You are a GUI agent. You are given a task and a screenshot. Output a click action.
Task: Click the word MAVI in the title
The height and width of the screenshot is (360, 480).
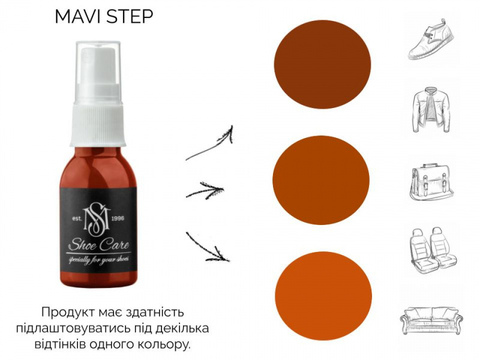[78, 16]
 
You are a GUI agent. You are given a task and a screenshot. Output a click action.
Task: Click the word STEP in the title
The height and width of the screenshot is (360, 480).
[130, 16]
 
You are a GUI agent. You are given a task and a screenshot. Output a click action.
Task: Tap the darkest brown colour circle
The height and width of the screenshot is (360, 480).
[322, 64]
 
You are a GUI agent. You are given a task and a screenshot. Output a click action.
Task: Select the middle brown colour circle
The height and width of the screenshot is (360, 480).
[321, 180]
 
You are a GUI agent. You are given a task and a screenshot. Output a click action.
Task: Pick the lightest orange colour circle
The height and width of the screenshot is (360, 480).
[323, 296]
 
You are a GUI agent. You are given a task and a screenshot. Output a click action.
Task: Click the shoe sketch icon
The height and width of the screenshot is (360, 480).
[431, 39]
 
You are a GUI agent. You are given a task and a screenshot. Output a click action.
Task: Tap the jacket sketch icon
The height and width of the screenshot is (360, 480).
[431, 111]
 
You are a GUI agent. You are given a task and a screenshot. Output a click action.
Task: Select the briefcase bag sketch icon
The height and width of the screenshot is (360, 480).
[431, 182]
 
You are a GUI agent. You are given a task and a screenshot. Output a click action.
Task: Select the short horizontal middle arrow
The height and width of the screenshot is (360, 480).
[205, 190]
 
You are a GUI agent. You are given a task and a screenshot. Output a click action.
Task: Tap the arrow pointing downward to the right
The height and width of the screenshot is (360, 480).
[208, 247]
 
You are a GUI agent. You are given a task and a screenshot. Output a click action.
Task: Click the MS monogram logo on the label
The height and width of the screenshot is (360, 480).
[97, 218]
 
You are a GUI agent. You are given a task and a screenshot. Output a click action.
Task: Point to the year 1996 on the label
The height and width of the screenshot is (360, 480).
[118, 218]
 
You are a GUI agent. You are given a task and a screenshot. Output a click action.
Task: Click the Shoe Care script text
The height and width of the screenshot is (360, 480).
[98, 245]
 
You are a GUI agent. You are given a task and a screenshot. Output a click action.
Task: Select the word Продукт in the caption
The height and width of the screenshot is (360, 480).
[70, 313]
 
